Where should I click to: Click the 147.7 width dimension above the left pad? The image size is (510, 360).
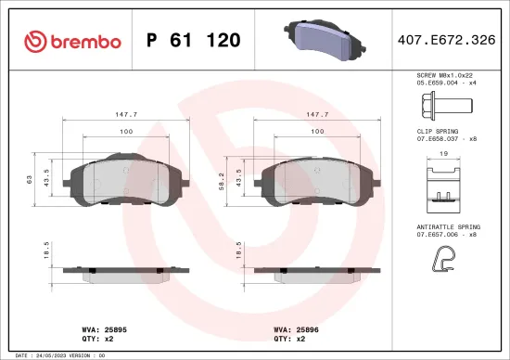tap(126, 115)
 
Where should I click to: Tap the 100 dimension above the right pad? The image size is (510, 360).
tap(317, 132)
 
